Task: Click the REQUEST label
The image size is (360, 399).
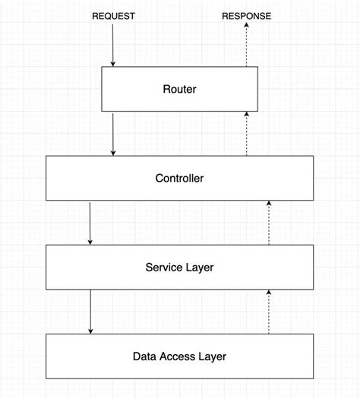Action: click(x=113, y=16)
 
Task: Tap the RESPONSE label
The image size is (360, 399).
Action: click(x=246, y=16)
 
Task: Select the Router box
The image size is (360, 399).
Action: click(x=179, y=90)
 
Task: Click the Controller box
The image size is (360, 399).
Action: click(x=179, y=179)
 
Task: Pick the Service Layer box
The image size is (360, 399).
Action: click(x=179, y=267)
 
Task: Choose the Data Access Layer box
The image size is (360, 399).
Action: click(x=179, y=356)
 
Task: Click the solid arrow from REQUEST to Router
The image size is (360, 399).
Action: click(x=113, y=46)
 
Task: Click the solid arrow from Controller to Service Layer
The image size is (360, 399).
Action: click(x=90, y=223)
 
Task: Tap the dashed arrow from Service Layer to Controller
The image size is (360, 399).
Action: click(x=269, y=223)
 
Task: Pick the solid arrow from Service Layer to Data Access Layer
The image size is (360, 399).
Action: click(x=90, y=312)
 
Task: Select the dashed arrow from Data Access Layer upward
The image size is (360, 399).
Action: click(x=269, y=312)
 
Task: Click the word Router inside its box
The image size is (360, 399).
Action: click(x=179, y=90)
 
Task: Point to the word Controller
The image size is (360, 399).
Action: click(x=179, y=179)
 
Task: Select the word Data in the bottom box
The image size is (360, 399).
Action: click(x=144, y=356)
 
